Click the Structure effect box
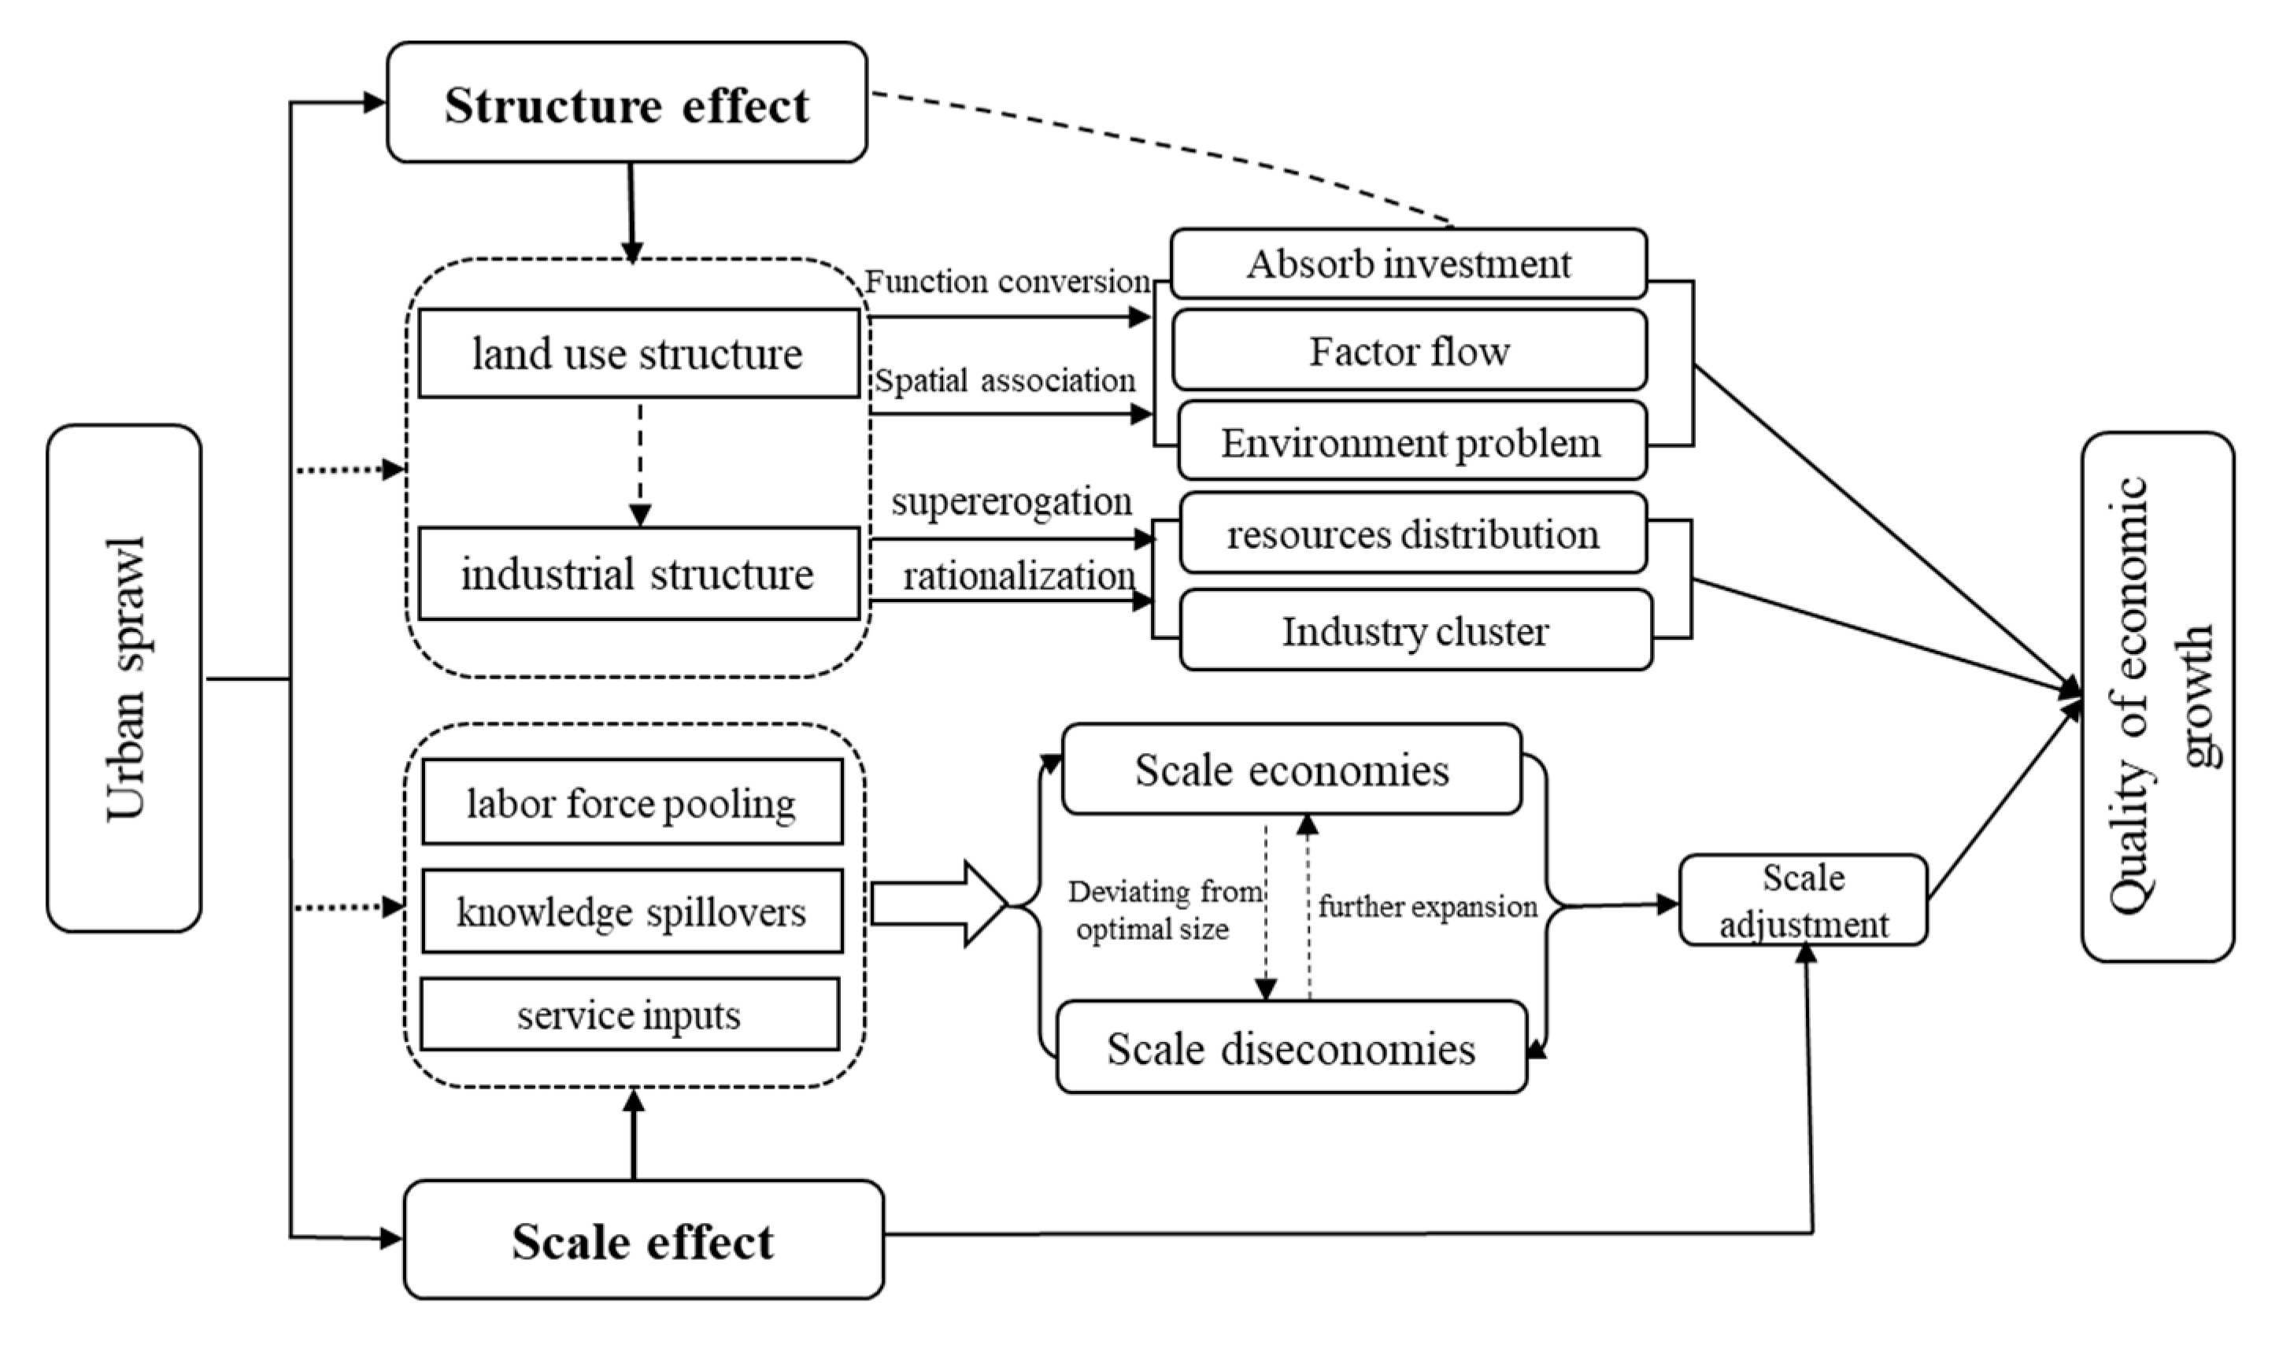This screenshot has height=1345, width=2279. (x=627, y=103)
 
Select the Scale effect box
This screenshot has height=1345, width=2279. (x=642, y=1240)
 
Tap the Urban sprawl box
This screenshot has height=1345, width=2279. (x=124, y=678)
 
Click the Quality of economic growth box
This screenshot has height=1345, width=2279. (x=2158, y=695)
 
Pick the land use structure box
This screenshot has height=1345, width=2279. (x=638, y=353)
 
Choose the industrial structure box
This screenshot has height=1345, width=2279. (x=638, y=574)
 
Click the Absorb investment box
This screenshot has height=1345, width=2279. (x=1408, y=264)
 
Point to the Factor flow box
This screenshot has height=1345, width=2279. (x=1409, y=350)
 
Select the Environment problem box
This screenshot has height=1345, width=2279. (x=1411, y=442)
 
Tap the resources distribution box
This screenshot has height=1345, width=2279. (x=1412, y=533)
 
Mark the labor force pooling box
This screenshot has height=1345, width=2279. (x=632, y=802)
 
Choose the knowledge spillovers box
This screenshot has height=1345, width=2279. (x=632, y=911)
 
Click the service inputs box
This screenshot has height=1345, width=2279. (x=629, y=1014)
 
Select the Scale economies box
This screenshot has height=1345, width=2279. (x=1291, y=770)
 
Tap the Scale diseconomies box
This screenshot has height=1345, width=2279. (x=1291, y=1047)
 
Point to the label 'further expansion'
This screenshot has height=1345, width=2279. (x=1427, y=907)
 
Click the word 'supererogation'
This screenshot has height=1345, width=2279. (x=1011, y=501)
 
